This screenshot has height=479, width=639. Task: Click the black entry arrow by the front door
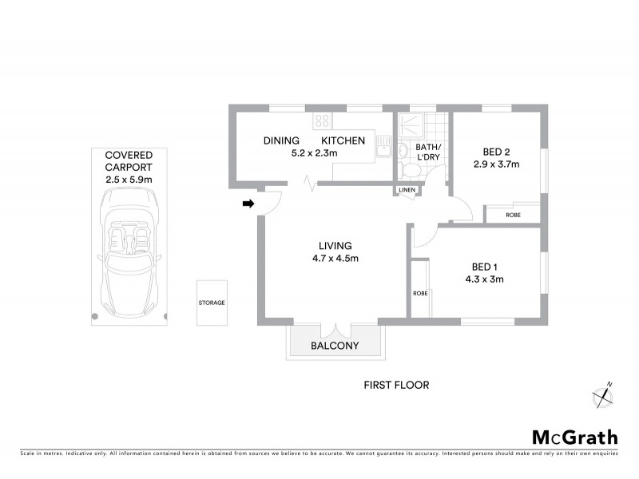coord(248,204)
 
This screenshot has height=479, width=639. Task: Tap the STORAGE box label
coord(212,303)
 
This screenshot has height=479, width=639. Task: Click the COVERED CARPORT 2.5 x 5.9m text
coord(129,168)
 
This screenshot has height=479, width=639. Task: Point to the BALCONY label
coord(335,346)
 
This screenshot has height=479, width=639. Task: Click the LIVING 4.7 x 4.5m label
coord(335,251)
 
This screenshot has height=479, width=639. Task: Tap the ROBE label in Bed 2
coord(513,215)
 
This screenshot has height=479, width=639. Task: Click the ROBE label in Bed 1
coord(420,293)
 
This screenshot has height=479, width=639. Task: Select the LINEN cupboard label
coord(407,190)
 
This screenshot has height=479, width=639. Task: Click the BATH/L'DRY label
coord(427,152)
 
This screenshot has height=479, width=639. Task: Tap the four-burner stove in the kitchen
coord(323,121)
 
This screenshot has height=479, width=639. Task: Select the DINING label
coord(281,141)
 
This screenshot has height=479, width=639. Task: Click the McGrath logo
coord(575,437)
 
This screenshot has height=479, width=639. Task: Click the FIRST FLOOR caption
coord(396,385)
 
